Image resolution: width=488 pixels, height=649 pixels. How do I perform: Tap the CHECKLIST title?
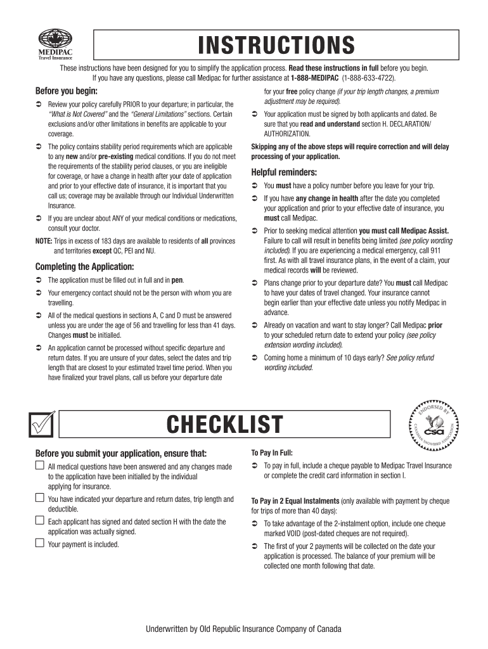(x=224, y=425)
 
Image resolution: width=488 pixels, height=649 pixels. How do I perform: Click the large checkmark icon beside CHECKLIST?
(x=42, y=425)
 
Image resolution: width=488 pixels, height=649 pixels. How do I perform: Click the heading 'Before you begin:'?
(x=63, y=91)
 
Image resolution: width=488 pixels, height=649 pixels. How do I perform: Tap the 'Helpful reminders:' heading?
(x=284, y=172)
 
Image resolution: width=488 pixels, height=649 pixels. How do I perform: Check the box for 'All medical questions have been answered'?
(x=39, y=466)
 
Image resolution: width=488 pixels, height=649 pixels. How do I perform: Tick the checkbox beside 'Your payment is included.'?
(x=39, y=543)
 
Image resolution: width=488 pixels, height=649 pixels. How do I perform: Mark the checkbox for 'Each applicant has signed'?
(x=39, y=521)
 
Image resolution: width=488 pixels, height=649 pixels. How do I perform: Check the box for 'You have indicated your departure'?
(x=39, y=499)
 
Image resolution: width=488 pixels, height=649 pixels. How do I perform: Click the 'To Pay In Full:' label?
(x=272, y=453)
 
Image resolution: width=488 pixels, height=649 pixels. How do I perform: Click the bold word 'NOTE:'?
(x=44, y=241)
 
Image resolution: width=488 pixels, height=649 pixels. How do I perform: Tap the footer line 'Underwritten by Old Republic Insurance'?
(x=244, y=629)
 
